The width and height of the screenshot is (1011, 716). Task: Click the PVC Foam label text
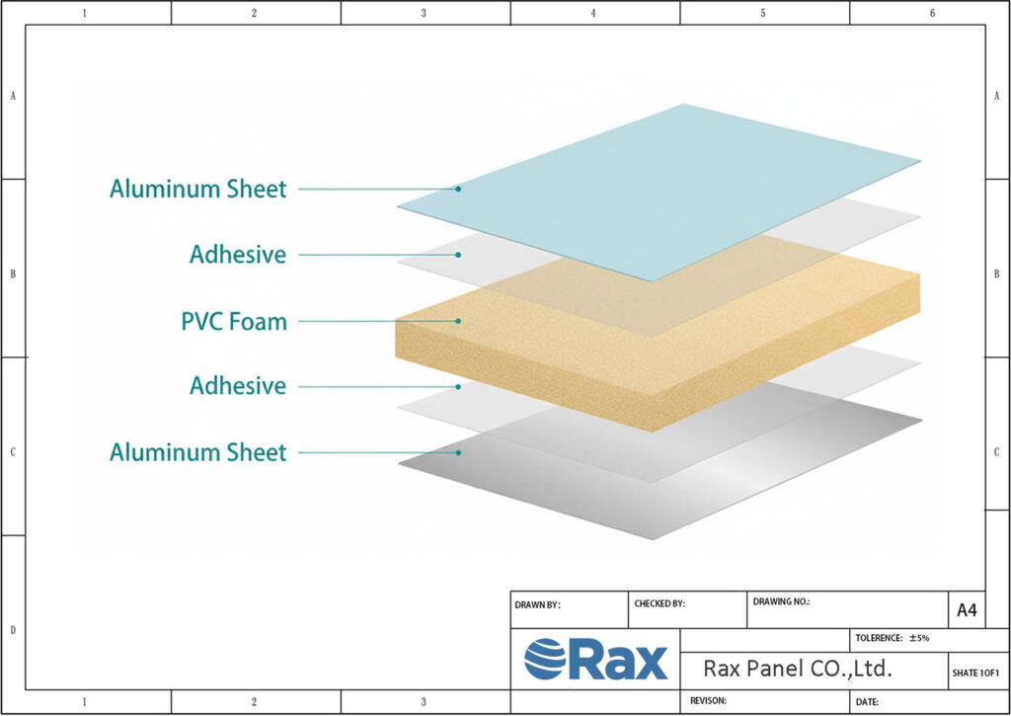[x=234, y=322]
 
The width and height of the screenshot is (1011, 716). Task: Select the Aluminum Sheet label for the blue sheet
[x=197, y=189]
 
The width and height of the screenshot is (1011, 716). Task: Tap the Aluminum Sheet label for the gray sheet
[x=197, y=452]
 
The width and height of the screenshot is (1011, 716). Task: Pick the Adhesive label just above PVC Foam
[x=238, y=255]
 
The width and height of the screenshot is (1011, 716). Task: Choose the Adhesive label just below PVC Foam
[x=238, y=386]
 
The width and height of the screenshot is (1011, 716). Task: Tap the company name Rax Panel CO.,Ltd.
[x=798, y=669]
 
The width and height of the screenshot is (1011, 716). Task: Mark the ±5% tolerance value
[x=919, y=639]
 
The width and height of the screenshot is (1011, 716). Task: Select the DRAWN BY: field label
[x=537, y=604]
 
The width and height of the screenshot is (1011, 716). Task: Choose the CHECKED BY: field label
[x=659, y=603]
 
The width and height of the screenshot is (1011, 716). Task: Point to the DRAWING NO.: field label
[x=781, y=600]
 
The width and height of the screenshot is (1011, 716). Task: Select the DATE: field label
[x=867, y=702]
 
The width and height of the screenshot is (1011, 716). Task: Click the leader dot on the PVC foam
[x=459, y=321]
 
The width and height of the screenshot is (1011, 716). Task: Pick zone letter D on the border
[x=13, y=629]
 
